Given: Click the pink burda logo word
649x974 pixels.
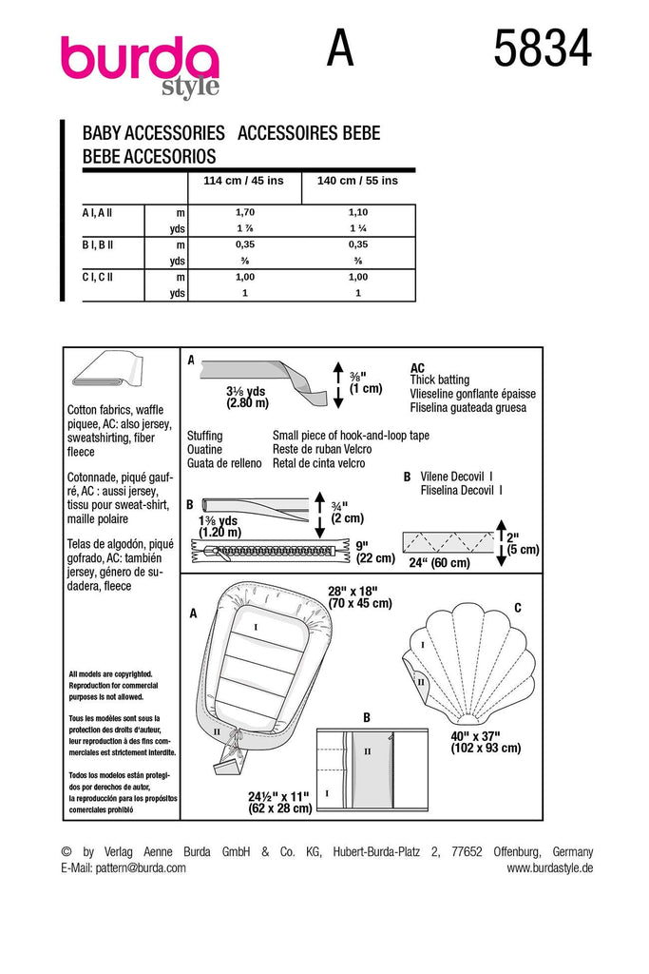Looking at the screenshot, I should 139,59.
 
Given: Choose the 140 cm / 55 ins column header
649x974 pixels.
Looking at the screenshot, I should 357,181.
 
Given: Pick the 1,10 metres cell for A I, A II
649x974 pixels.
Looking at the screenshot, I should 357,213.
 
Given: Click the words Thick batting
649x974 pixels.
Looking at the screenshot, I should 439,380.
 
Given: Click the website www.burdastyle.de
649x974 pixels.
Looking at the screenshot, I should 549,867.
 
